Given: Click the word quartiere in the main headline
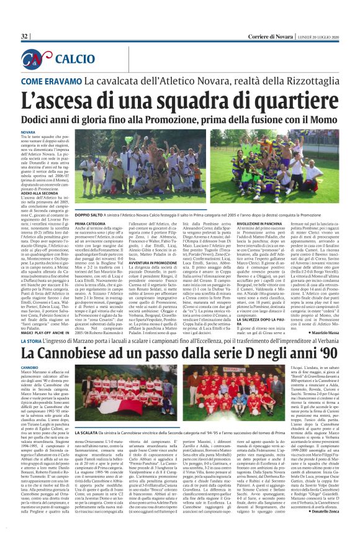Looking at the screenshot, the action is pyautogui.click(x=279, y=100).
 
